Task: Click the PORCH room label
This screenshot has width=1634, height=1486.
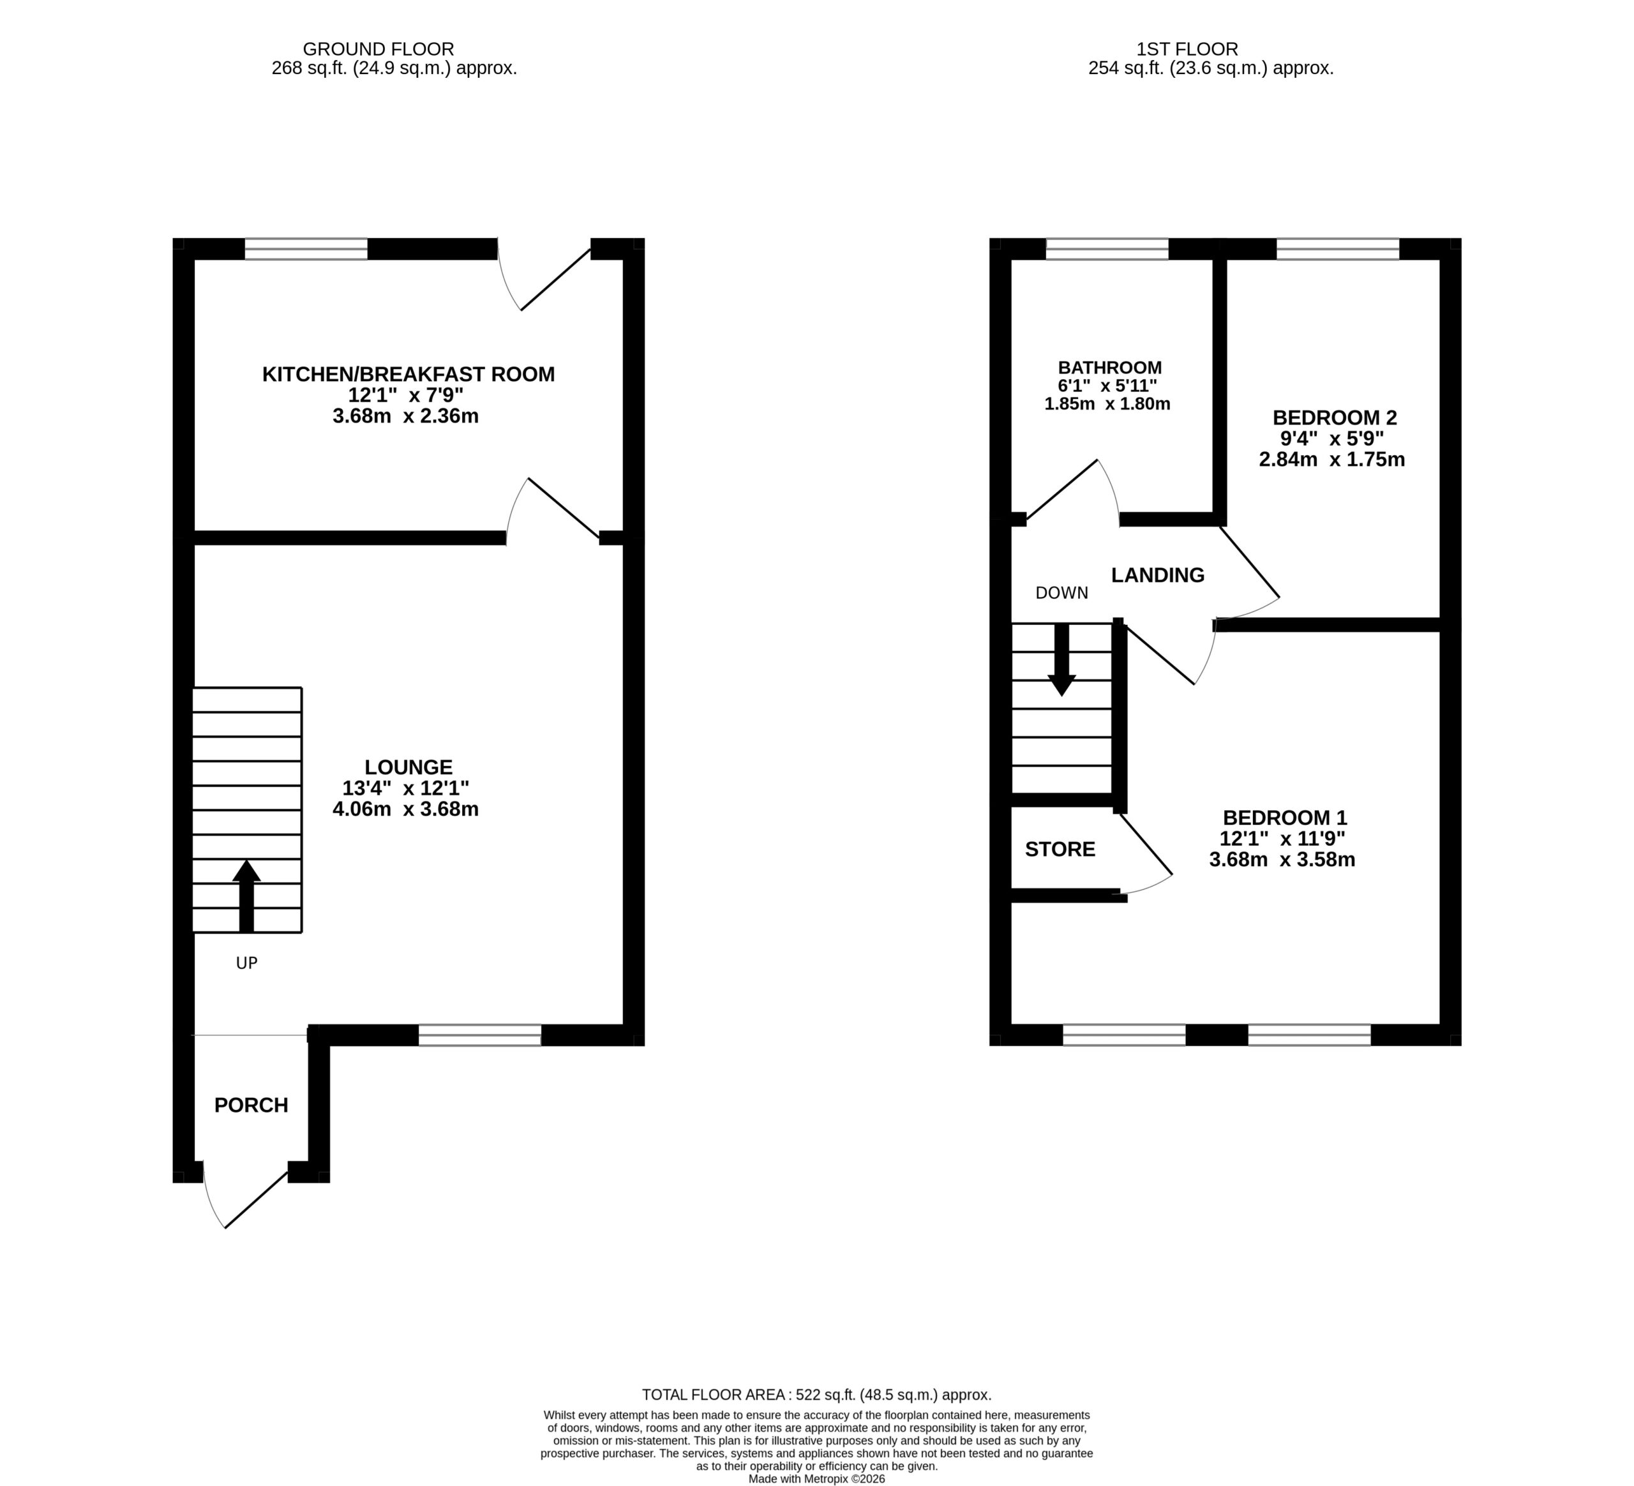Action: (x=251, y=1105)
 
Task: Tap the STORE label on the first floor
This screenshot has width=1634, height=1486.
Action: (x=1060, y=849)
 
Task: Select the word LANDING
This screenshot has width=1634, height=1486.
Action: (x=1157, y=574)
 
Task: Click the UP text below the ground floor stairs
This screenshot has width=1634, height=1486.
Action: (x=246, y=963)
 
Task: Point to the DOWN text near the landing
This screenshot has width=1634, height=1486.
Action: (x=1061, y=592)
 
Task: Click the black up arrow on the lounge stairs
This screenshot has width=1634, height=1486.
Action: (x=246, y=896)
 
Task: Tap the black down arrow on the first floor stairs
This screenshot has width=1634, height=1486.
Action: (x=1061, y=660)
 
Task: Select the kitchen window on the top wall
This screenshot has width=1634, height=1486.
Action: (x=306, y=249)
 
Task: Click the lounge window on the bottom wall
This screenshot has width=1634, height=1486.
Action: (x=480, y=1035)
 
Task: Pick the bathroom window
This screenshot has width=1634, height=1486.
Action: (x=1107, y=249)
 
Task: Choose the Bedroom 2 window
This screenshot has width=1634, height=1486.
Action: (x=1338, y=249)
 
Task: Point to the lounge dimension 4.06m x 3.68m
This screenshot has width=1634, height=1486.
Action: (x=405, y=809)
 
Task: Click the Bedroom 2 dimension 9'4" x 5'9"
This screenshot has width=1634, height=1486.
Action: (x=1331, y=439)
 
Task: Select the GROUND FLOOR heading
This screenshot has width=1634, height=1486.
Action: (x=379, y=49)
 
